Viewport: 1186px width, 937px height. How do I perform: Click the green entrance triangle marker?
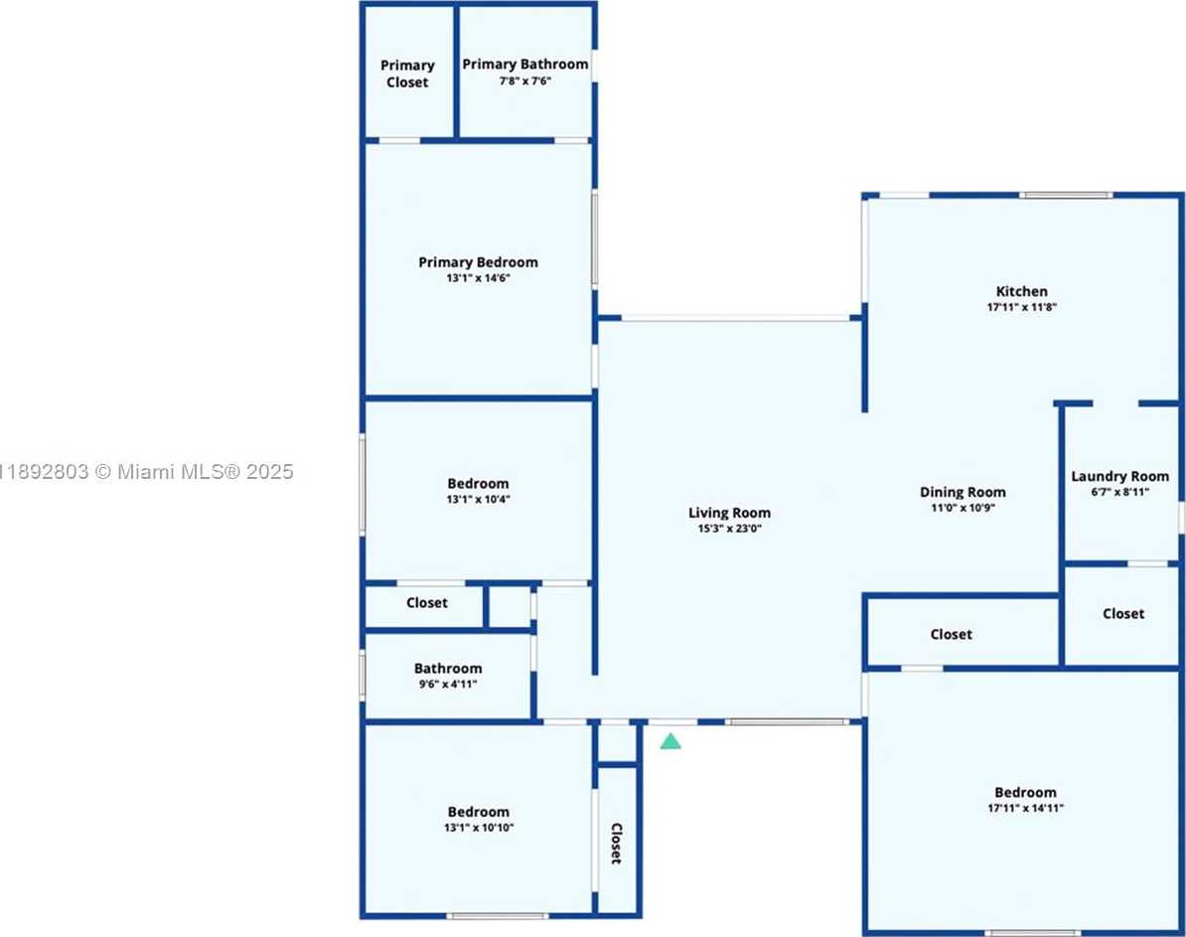click(670, 741)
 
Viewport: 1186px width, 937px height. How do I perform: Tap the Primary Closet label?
click(407, 75)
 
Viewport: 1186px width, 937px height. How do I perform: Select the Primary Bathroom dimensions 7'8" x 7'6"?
click(524, 81)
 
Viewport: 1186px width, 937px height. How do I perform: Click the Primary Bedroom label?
click(478, 262)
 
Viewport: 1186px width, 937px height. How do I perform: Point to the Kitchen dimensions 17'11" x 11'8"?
click(1022, 307)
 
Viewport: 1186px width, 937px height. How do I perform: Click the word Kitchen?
click(1022, 291)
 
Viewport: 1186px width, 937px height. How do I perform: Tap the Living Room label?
click(729, 513)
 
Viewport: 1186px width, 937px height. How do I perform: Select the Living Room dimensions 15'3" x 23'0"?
click(729, 529)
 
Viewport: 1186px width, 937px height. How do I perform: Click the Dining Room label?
click(963, 492)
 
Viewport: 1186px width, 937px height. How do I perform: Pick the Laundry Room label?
click(1120, 476)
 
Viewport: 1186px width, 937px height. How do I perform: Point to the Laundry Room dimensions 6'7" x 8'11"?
click(1120, 492)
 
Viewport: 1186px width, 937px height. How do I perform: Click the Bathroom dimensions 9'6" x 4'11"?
click(448, 685)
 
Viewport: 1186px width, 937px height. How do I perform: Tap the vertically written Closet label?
click(616, 844)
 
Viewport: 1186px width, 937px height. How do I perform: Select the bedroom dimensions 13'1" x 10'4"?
click(478, 500)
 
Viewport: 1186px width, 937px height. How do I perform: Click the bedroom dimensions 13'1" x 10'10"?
click(478, 828)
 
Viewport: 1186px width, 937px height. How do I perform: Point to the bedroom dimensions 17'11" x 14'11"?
click(1026, 809)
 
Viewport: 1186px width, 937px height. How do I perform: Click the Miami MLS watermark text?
click(146, 472)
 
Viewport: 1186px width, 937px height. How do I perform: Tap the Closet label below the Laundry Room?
click(1123, 614)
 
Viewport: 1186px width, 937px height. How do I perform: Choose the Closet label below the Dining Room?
click(952, 634)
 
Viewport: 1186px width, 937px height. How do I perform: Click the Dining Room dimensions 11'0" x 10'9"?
click(963, 508)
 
